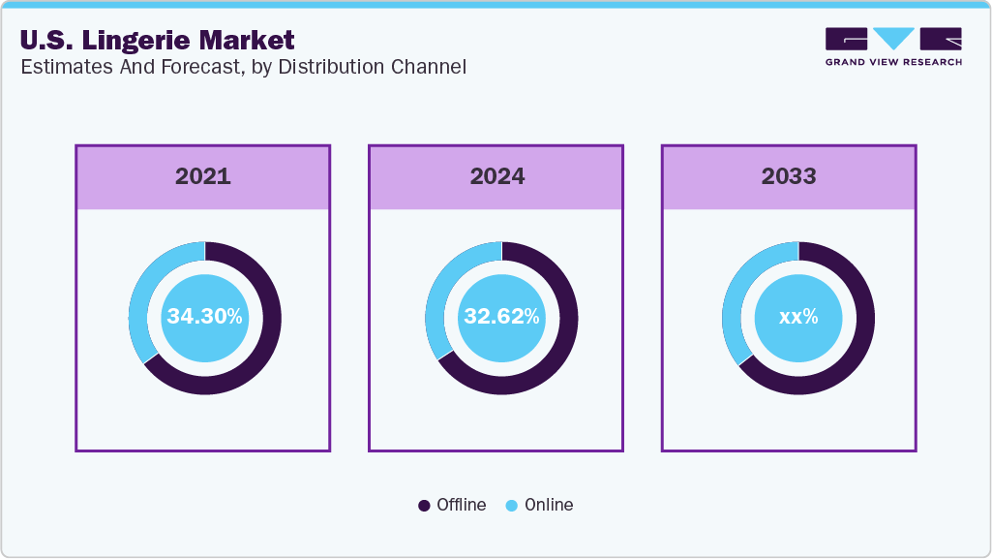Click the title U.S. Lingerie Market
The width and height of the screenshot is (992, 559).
click(157, 41)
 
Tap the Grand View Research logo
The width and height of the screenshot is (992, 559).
click(893, 47)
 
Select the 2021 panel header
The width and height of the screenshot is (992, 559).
click(203, 176)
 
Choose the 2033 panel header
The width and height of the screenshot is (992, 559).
click(789, 176)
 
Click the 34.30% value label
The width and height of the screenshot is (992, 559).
click(204, 317)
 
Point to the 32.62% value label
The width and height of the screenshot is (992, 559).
click(501, 317)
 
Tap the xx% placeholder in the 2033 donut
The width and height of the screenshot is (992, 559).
click(798, 317)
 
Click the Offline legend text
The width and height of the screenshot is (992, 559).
click(461, 505)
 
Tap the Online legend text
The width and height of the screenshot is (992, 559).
click(549, 505)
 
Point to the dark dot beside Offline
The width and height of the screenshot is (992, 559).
click(424, 506)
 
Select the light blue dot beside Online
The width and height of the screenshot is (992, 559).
click(511, 506)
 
